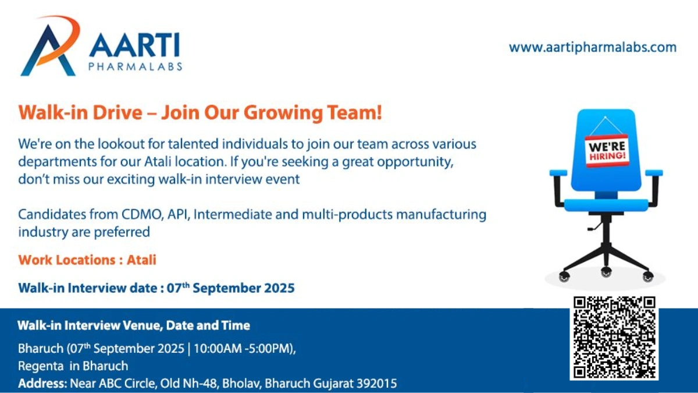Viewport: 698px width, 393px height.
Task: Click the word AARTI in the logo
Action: click(x=134, y=45)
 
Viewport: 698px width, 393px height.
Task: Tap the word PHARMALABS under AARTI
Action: click(x=135, y=66)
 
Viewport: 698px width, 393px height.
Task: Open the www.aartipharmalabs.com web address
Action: click(x=593, y=47)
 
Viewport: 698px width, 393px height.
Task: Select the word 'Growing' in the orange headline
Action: click(x=262, y=112)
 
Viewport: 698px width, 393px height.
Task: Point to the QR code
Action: click(x=614, y=337)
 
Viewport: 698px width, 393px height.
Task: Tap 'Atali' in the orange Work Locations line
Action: click(x=142, y=260)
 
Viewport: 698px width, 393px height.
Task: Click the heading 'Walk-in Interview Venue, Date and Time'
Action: click(x=134, y=325)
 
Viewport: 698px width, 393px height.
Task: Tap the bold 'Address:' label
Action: click(x=42, y=384)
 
